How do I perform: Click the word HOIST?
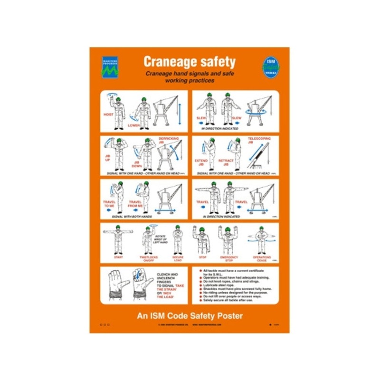(x=108, y=114)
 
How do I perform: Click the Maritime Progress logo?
(x=110, y=68)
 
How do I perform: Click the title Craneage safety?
(x=190, y=62)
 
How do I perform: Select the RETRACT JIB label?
(x=226, y=162)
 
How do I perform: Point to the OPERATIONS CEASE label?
(x=262, y=258)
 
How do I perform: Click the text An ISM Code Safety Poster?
(x=190, y=315)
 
